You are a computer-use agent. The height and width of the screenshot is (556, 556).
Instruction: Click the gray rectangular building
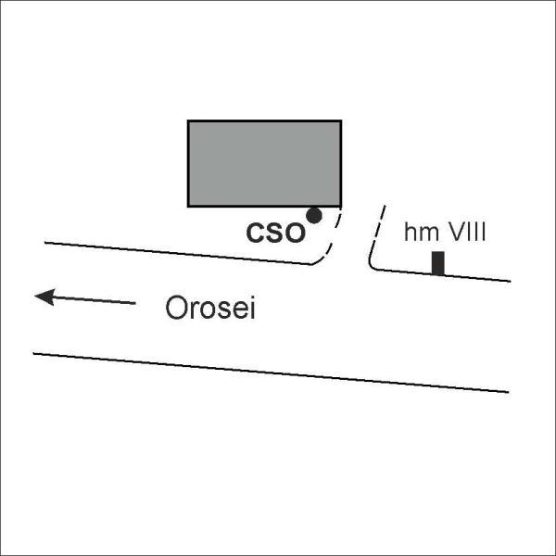coord(264,163)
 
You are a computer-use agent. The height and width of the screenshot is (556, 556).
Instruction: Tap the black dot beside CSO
coord(314,216)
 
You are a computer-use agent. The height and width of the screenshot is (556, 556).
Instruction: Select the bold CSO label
coord(275,233)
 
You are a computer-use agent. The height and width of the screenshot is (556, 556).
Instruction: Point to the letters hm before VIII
coord(422,232)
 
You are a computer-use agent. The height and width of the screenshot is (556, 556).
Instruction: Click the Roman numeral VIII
coord(465,232)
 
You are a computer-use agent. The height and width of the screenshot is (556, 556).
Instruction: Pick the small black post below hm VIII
coord(438,263)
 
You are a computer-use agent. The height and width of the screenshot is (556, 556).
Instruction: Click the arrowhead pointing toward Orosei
coord(44,297)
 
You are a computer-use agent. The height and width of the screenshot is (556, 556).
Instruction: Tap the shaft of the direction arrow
coord(95,300)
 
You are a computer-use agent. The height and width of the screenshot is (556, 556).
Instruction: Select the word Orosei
coord(210,308)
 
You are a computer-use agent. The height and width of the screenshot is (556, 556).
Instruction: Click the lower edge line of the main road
coord(271,373)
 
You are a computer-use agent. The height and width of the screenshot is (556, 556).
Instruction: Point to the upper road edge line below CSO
coord(177,253)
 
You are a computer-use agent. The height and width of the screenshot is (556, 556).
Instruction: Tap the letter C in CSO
coord(256,233)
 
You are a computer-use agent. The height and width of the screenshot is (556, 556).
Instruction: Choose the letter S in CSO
coord(275,233)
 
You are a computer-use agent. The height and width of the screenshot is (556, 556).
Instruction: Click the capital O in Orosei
coord(176,307)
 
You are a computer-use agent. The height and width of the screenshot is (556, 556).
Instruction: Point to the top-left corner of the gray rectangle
coord(188,120)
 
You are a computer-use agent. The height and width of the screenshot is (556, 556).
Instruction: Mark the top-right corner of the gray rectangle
coord(341,120)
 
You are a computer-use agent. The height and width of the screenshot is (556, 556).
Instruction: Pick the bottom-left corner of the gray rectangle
coord(188,206)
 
